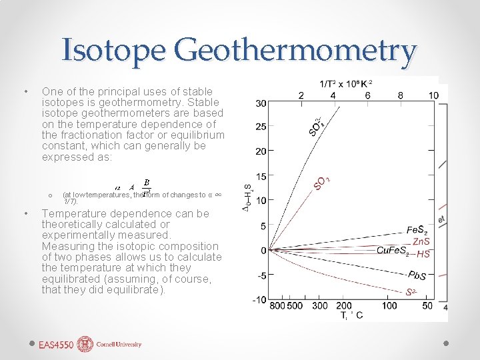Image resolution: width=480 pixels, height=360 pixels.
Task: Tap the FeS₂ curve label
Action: point(421,230)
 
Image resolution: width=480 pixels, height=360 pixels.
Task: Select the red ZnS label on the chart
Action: point(421,241)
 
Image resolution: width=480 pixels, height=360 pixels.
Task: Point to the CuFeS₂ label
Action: point(393,251)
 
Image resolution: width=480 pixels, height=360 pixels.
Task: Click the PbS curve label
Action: point(416,276)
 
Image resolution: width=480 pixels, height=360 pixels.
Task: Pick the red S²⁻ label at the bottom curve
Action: point(412,293)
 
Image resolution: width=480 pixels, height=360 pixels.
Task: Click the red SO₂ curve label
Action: point(323,182)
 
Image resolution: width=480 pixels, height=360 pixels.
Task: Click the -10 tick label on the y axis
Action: point(260,299)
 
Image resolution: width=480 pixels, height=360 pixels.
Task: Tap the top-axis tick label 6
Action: point(368,95)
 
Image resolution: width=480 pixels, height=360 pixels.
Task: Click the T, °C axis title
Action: point(350,315)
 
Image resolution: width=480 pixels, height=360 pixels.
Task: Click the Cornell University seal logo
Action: point(86,345)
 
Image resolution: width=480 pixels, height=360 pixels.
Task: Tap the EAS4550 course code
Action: point(56,345)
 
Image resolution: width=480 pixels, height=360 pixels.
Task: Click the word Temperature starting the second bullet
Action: point(75,213)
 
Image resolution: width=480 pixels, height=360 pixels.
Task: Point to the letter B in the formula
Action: point(147,182)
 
